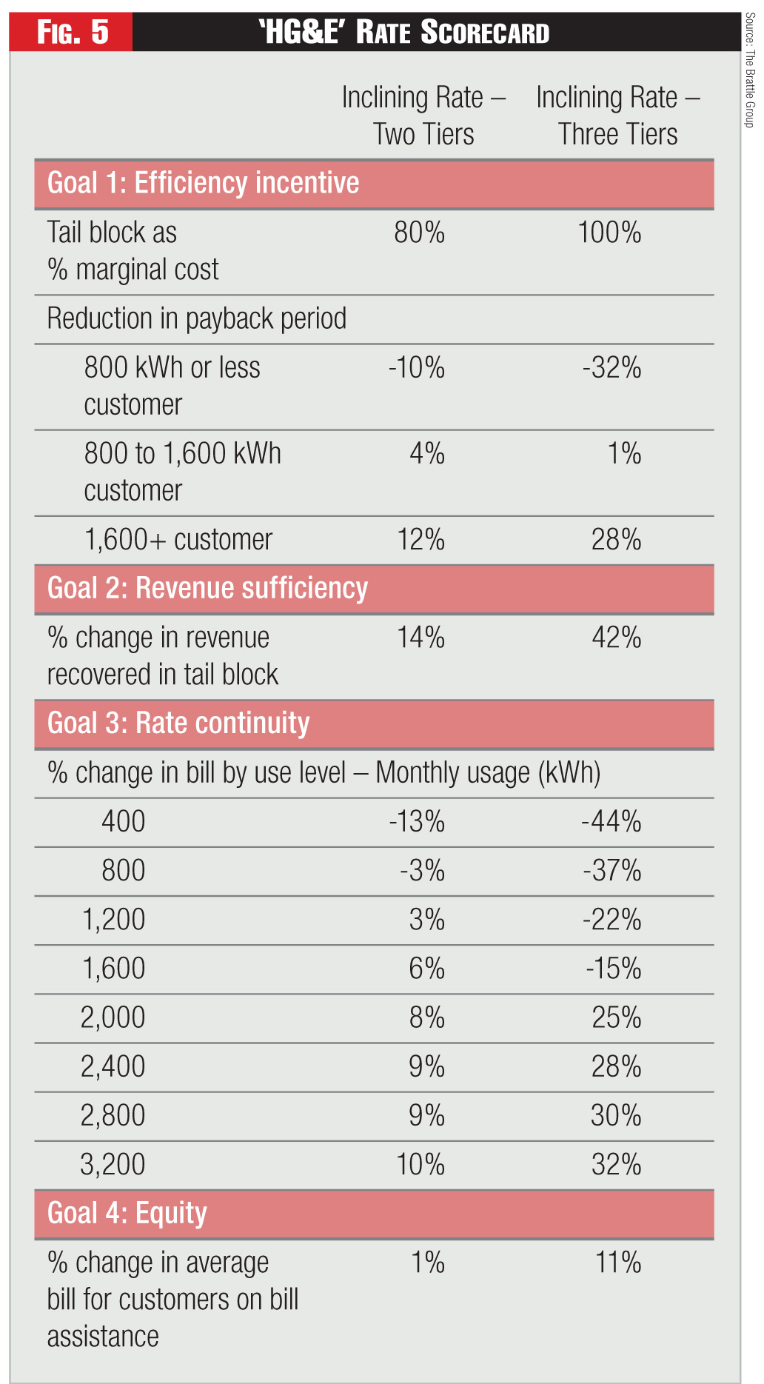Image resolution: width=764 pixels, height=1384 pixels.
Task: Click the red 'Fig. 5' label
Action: [72, 33]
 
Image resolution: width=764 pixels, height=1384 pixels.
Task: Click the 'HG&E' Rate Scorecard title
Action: [404, 33]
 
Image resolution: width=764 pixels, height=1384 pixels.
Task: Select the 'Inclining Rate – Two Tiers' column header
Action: [423, 116]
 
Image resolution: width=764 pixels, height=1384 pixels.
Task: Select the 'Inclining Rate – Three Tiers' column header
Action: [618, 116]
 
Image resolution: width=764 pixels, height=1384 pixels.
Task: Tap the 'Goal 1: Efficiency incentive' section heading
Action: [203, 183]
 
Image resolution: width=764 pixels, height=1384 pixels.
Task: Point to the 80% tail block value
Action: [419, 233]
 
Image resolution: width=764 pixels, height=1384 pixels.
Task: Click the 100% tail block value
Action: [609, 233]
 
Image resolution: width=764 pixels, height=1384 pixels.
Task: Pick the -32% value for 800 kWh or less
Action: [611, 368]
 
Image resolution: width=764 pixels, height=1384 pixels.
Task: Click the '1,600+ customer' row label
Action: [178, 540]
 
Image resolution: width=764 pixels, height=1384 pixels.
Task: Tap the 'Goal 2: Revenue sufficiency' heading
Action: [207, 588]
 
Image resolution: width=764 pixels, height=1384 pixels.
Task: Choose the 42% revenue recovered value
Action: [616, 638]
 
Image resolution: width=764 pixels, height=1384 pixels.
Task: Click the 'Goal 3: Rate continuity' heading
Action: [178, 723]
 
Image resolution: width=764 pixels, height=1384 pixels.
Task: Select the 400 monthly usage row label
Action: [123, 822]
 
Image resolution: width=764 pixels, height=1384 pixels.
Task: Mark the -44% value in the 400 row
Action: [611, 822]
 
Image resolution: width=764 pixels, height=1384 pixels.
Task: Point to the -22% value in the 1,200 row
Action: [611, 920]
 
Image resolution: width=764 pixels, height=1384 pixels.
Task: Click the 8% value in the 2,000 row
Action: [427, 1018]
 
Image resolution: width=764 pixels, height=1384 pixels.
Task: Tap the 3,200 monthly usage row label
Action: [113, 1165]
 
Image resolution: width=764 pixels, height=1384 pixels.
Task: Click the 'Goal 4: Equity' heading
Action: [127, 1214]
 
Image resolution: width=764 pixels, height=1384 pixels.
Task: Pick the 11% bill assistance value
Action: [618, 1263]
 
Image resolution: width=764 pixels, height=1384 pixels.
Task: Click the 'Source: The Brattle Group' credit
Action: [750, 70]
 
